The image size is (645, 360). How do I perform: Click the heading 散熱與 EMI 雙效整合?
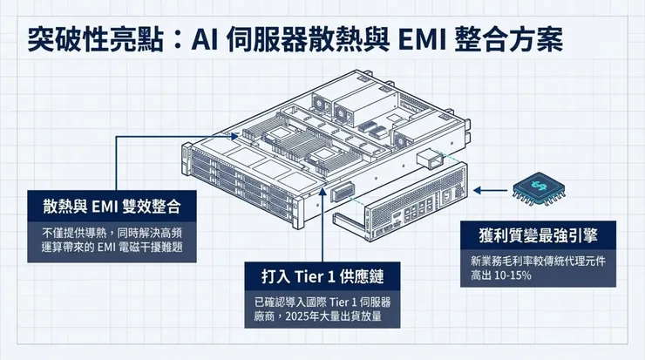point(107,207)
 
